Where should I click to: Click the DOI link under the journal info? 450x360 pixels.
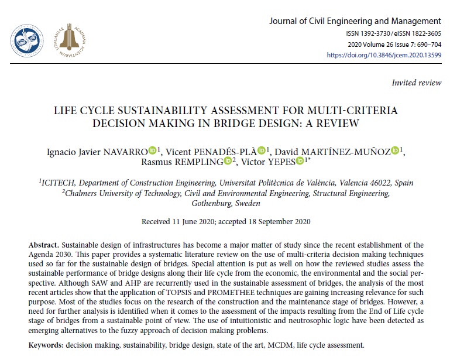pos(384,55)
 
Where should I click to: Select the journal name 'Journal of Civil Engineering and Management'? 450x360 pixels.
pos(355,21)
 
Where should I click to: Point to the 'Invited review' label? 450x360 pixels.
pos(417,83)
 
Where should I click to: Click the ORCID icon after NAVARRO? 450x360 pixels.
pos(153,151)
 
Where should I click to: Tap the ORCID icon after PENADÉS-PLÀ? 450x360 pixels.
pos(262,151)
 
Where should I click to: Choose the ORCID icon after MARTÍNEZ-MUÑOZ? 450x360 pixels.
pos(396,151)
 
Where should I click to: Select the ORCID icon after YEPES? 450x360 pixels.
pos(300,162)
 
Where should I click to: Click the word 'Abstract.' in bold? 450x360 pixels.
pos(45,243)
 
